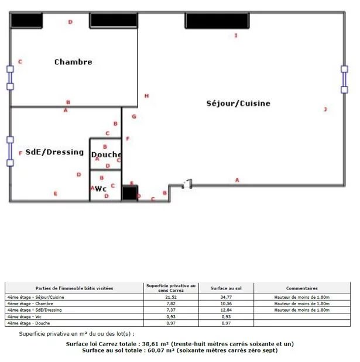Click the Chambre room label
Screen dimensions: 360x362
tap(73, 62)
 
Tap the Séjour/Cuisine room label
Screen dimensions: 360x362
tap(238, 103)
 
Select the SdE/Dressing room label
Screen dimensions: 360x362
tap(54, 152)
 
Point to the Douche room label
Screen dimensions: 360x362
tap(107, 154)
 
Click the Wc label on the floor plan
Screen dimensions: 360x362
tap(101, 189)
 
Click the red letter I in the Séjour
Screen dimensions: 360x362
tap(236, 35)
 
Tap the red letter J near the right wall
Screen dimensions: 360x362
tap(325, 109)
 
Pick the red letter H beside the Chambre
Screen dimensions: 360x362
tap(146, 96)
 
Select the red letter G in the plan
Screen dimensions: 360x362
tap(134, 116)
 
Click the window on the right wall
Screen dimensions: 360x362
tap(344, 79)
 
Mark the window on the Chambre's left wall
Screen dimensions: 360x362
tap(10, 78)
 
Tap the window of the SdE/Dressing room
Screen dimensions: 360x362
tap(10, 151)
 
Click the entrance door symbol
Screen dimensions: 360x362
tap(187, 184)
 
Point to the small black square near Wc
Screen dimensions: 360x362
tap(130, 193)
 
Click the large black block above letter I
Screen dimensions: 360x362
tap(217, 21)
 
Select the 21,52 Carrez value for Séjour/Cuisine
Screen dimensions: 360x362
tap(171, 297)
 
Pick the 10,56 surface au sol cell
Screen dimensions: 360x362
tap(226, 304)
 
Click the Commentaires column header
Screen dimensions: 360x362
tap(302, 288)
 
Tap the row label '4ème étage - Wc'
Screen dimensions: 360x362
tap(24, 317)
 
